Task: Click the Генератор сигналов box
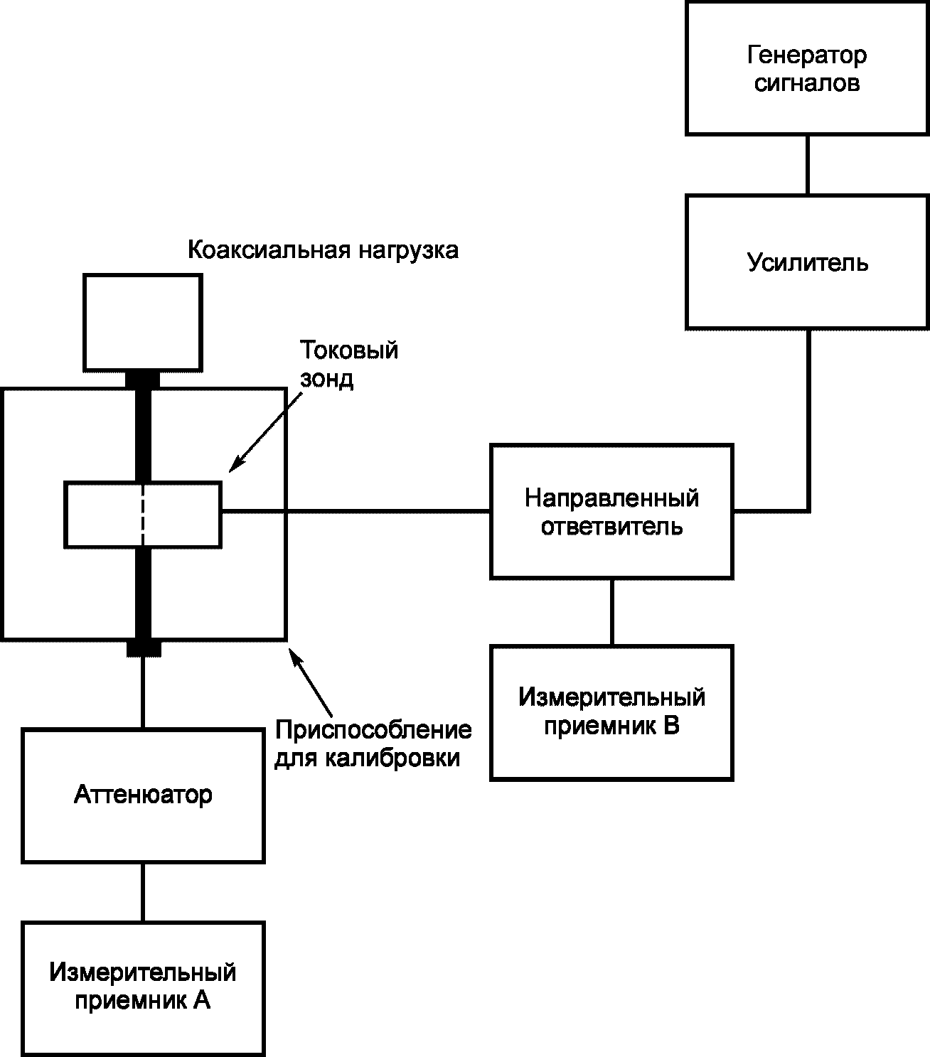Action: pos(808,68)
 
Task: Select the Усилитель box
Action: pos(808,262)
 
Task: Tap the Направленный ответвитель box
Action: pos(611,512)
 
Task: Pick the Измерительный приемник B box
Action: pos(611,713)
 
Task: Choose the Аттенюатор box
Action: pos(143,795)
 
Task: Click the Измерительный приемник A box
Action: pos(143,989)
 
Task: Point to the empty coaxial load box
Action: pos(143,323)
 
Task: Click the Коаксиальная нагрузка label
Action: pos(323,250)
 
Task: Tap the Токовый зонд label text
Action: pos(348,364)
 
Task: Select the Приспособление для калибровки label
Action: pos(373,744)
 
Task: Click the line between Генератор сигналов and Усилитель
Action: pos(808,166)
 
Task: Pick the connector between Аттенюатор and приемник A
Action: pos(143,893)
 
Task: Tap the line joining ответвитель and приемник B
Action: pos(611,613)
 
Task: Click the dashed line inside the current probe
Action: pos(143,515)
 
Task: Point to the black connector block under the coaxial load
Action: pos(142,380)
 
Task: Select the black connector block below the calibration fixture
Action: pos(144,648)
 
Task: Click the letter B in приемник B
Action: pos(671,726)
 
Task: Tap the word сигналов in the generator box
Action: pos(807,83)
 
